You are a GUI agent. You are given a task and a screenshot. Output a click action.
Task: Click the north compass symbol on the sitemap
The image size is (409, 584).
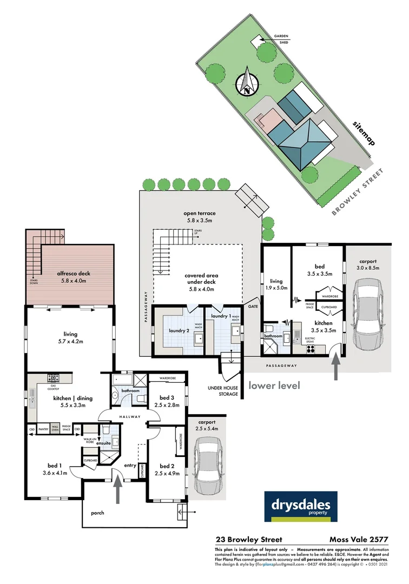coord(247,82)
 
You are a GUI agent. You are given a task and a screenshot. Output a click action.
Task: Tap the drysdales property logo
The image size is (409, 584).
coord(301,507)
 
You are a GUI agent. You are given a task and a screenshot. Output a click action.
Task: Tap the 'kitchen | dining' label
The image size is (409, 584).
coord(73,399)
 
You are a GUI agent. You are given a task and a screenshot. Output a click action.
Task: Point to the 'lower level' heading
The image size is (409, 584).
coord(274,386)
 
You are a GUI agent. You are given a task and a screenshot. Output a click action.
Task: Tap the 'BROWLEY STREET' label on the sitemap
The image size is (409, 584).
coord(358,192)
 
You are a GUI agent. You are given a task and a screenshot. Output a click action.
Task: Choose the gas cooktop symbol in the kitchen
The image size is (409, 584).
coord(53,379)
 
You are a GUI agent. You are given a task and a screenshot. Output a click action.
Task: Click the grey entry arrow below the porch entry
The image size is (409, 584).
coord(118,492)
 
